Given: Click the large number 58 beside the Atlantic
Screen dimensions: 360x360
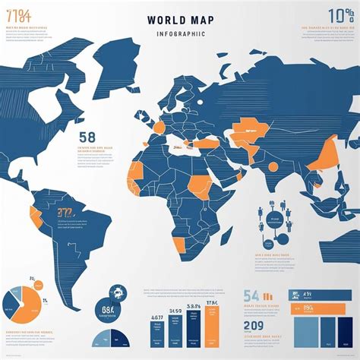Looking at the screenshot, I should pos(87,137).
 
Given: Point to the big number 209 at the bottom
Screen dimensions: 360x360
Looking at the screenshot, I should pos(254,326).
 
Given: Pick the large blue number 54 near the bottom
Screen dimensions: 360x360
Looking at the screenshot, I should pos(251,295).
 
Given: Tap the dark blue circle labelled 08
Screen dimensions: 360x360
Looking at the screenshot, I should pos(107,310).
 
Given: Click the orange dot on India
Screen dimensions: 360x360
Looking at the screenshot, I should pos(273,166).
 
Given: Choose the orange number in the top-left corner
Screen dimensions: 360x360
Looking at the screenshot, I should pos(18,14).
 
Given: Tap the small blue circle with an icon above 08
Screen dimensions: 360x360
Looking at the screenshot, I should pos(118,292).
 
